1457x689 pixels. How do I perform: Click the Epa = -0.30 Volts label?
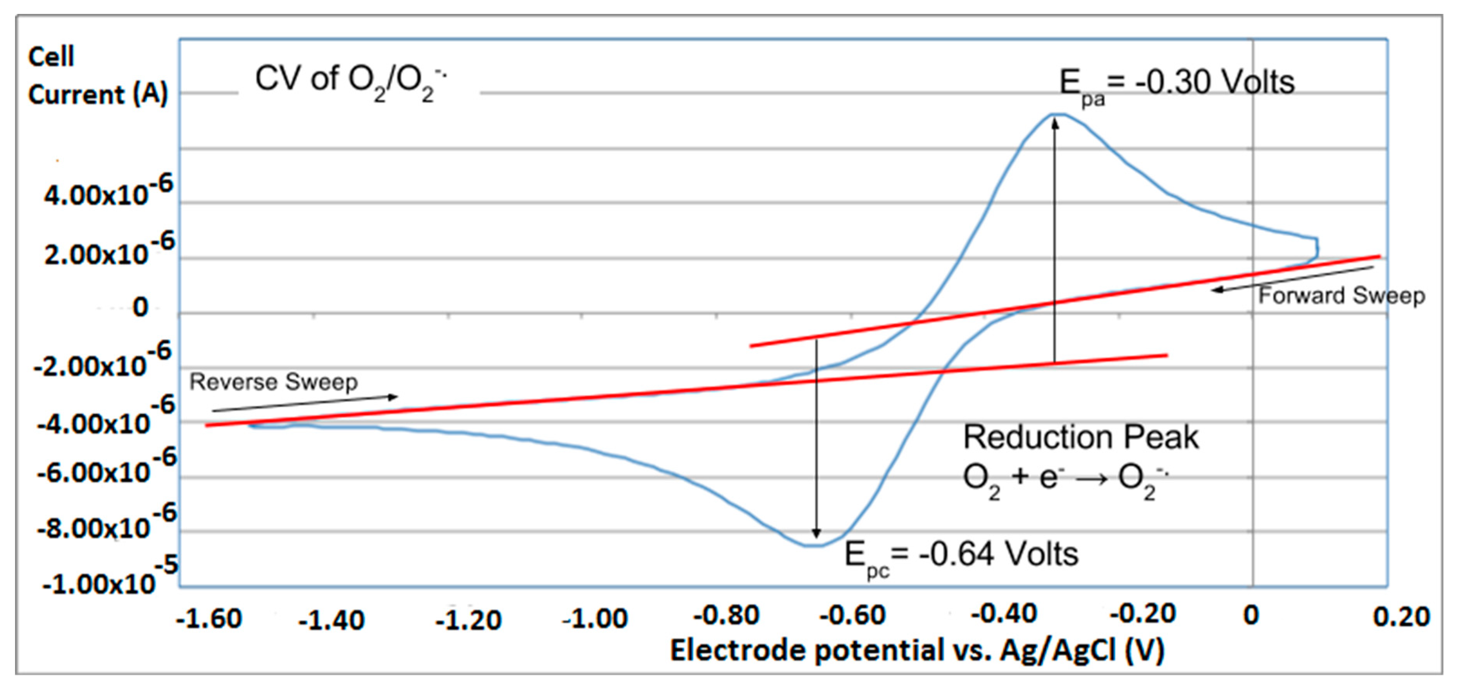tap(1176, 85)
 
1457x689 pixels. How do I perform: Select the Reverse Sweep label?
tap(273, 382)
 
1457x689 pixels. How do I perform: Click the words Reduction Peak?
tap(1080, 437)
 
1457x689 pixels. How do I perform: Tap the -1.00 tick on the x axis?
tap(595, 618)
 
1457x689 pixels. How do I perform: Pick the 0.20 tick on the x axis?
tap(1401, 616)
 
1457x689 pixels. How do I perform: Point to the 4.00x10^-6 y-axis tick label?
tap(107, 192)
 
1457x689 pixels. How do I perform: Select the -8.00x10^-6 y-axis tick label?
tap(106, 523)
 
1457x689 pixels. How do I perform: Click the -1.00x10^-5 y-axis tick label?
tap(110, 576)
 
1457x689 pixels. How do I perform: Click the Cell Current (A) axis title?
tap(97, 76)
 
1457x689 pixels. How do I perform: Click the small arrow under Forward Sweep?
tap(1292, 279)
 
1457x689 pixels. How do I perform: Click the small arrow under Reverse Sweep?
tap(305, 403)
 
